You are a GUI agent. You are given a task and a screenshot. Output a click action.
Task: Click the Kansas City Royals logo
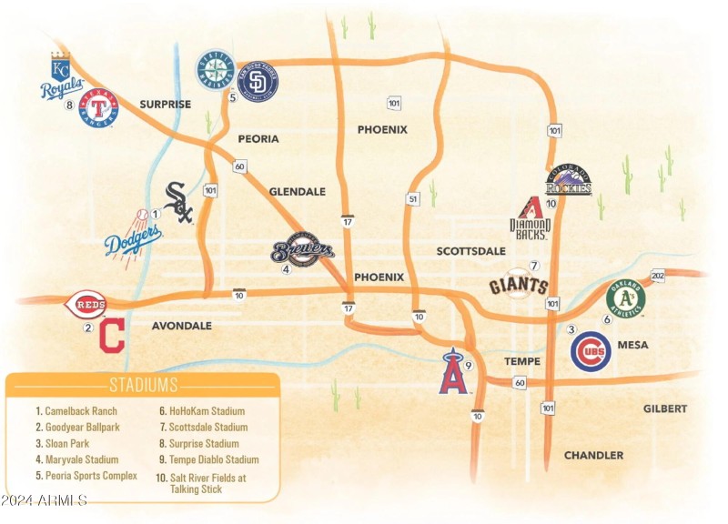tap(61, 77)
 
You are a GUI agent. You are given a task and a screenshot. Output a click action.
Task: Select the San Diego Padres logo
tap(258, 82)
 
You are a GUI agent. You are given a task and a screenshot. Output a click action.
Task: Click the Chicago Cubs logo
tap(591, 350)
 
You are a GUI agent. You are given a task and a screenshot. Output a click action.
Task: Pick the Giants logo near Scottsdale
tap(519, 286)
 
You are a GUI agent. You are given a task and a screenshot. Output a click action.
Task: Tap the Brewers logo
tap(302, 251)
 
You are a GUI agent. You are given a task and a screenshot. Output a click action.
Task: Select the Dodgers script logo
tap(133, 238)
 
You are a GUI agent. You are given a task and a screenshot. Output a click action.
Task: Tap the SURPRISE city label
tap(165, 105)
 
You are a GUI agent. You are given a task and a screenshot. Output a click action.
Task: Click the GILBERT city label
tap(665, 409)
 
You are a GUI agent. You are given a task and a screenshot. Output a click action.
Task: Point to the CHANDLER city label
tap(593, 455)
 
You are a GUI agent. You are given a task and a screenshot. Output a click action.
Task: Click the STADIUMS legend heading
tap(143, 385)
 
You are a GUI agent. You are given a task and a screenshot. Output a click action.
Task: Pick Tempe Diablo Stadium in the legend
tap(208, 459)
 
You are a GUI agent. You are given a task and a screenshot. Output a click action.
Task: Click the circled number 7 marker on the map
tap(534, 266)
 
